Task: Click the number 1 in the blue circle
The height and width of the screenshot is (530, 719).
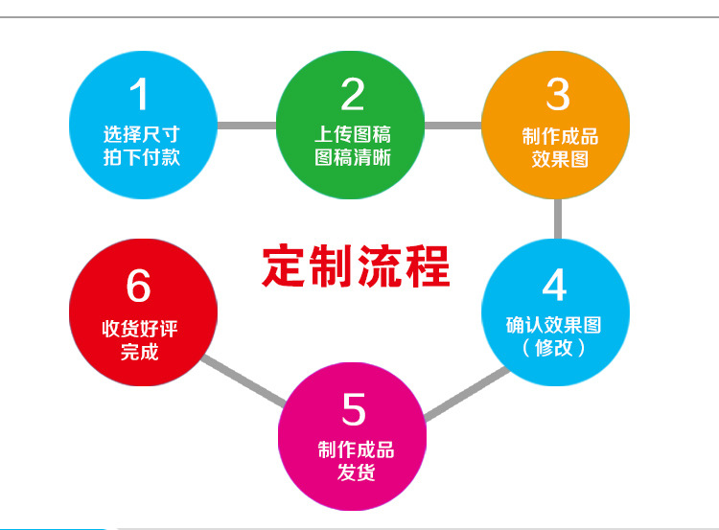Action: pos(140,94)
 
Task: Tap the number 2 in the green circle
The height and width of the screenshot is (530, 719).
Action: pos(353,94)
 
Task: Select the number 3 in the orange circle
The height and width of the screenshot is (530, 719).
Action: pos(558,94)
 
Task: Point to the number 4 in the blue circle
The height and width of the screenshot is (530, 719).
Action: pos(554,286)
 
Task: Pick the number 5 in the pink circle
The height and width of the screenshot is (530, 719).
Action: pos(354,409)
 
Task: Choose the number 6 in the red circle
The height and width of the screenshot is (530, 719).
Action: pos(139,286)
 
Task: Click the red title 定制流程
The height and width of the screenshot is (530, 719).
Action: pos(356,265)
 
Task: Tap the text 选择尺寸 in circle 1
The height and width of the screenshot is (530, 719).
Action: pos(142,134)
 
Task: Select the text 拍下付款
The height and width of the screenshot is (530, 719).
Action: pos(142,157)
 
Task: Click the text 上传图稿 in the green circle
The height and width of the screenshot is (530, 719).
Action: pos(353,134)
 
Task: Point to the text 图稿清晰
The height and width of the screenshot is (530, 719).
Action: pos(353,157)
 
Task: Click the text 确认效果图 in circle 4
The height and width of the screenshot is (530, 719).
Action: pos(554,325)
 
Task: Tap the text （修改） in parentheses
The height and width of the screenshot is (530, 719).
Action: pos(554,348)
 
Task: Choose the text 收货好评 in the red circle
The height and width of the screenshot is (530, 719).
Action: pos(140,329)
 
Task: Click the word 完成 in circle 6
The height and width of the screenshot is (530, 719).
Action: pos(140,352)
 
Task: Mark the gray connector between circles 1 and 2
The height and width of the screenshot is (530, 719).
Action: pos(246,125)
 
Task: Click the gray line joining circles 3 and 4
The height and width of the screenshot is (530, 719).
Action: pos(558,219)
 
